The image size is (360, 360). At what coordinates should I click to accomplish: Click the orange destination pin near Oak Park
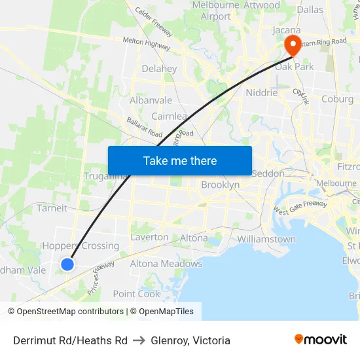point(292,44)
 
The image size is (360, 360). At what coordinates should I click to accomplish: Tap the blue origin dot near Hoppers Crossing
point(67,264)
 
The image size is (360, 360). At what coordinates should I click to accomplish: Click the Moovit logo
point(320,339)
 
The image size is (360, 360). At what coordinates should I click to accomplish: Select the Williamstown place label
point(266,239)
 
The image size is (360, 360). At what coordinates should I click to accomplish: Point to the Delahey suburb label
point(159,69)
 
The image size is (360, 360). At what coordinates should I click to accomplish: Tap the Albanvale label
point(151,100)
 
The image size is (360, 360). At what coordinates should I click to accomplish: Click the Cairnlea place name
point(170,116)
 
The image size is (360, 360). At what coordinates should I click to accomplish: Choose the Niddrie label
point(261,92)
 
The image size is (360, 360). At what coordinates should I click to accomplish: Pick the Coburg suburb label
point(337,99)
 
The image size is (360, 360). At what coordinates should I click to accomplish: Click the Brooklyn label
point(220,185)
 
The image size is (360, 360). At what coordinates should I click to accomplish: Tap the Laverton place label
point(149,237)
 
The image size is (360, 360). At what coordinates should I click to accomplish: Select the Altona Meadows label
point(166,264)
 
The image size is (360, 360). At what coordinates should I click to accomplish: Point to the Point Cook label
point(137,294)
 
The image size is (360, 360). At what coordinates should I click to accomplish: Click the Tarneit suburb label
point(52,208)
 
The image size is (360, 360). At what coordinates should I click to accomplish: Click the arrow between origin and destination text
point(139,340)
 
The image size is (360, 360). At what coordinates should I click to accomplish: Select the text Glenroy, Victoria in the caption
point(190,340)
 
